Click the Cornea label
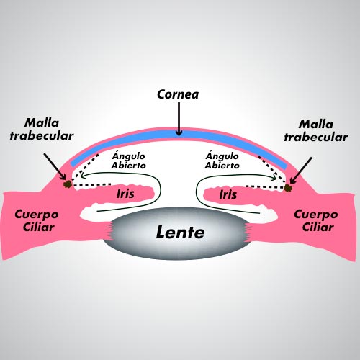coord(178,94)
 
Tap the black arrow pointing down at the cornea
coord(179,119)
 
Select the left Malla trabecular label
coord(42,130)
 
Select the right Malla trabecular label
coord(316,131)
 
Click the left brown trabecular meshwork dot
coord(68,184)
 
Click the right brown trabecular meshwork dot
coord(287,188)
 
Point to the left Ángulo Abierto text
coord(128,161)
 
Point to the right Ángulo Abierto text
coord(222,161)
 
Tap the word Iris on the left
coord(125,194)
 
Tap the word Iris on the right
coord(228,194)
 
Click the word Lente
coord(180,233)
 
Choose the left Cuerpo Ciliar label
coord(37,220)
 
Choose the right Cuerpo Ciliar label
coord(316,220)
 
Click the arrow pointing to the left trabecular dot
coord(55,166)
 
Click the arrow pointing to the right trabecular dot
coord(301,171)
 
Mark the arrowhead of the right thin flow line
coord(274,178)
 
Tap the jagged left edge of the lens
coord(109,231)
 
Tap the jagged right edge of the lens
coord(248,232)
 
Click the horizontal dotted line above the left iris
coord(92,185)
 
